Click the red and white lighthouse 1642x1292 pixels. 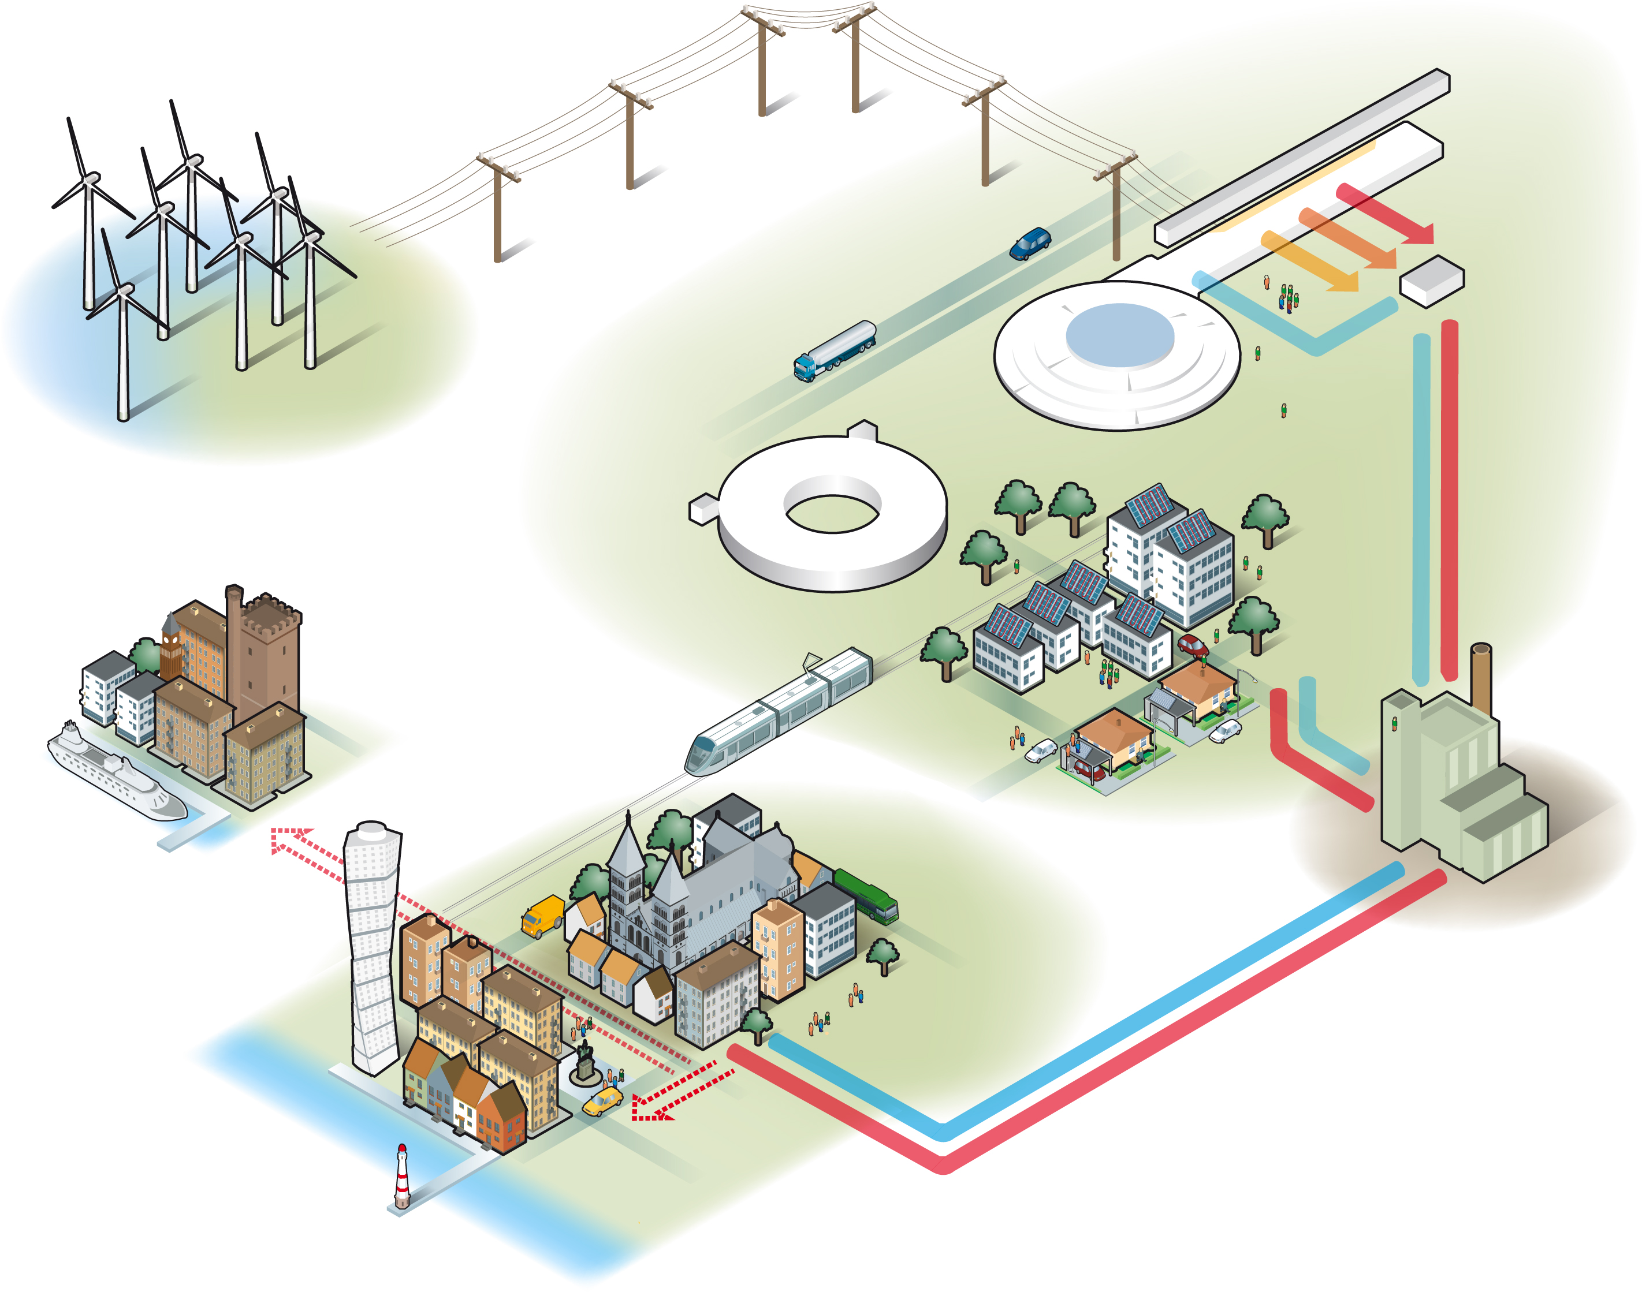point(402,1177)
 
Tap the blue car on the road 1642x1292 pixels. point(1030,244)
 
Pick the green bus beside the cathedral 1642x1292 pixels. point(866,895)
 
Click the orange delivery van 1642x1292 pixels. point(542,916)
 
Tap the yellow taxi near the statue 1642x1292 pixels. point(602,1101)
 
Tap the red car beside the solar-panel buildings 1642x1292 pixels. point(1193,645)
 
